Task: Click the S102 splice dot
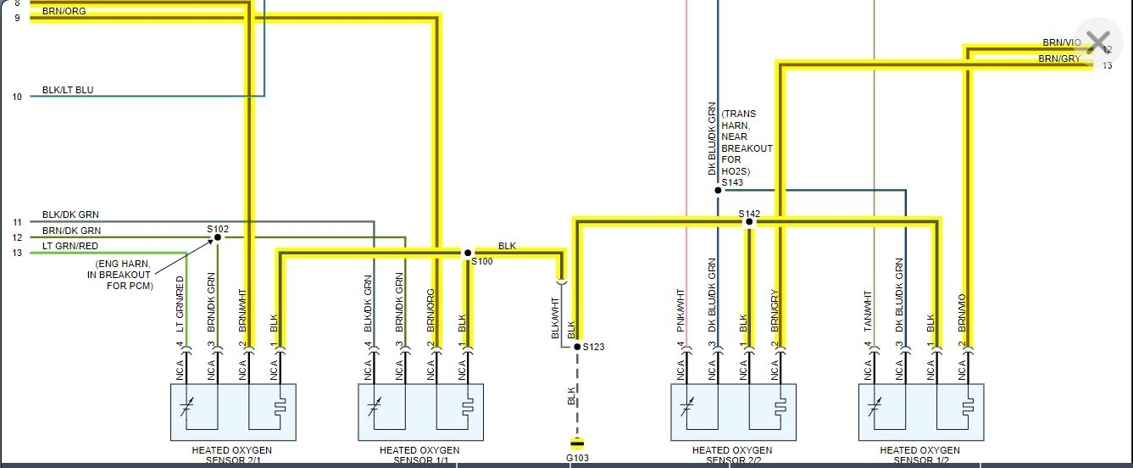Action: pyautogui.click(x=217, y=237)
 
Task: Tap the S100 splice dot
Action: pyautogui.click(x=467, y=253)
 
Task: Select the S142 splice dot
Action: pyautogui.click(x=748, y=222)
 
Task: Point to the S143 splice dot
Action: pyautogui.click(x=718, y=190)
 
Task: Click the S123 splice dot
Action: pyautogui.click(x=577, y=346)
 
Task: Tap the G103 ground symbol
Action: pyautogui.click(x=577, y=443)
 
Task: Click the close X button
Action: pyautogui.click(x=1097, y=42)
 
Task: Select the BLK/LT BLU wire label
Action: pyautogui.click(x=68, y=90)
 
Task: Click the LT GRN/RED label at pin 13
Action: pyautogui.click(x=70, y=246)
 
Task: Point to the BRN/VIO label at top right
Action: pyautogui.click(x=1062, y=42)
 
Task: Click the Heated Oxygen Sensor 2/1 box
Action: pyautogui.click(x=233, y=412)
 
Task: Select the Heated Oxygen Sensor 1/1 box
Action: pyautogui.click(x=420, y=412)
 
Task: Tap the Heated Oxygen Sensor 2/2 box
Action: pyautogui.click(x=733, y=412)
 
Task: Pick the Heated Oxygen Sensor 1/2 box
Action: pyautogui.click(x=920, y=412)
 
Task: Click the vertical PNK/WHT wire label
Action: pyautogui.click(x=680, y=310)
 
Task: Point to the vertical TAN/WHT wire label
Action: pyautogui.click(x=868, y=310)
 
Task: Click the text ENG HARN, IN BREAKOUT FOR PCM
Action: pyautogui.click(x=124, y=275)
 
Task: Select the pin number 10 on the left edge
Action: pyautogui.click(x=17, y=97)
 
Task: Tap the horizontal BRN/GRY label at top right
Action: pyautogui.click(x=1059, y=58)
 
